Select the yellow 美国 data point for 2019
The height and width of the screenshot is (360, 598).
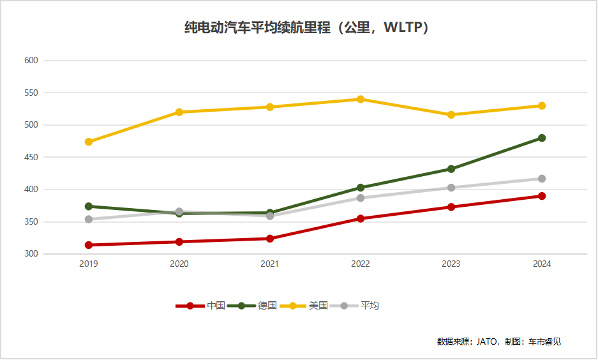click(x=89, y=142)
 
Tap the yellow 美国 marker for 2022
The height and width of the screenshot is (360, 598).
click(x=361, y=99)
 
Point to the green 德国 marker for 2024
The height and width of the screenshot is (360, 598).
click(x=542, y=138)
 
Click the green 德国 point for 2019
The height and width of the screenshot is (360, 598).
click(x=89, y=206)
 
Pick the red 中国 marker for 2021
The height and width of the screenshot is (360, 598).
click(x=270, y=239)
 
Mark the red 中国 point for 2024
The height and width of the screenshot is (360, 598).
click(x=542, y=196)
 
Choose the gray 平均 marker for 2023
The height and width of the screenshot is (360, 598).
click(x=451, y=188)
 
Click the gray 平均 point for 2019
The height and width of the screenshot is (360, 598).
click(x=89, y=220)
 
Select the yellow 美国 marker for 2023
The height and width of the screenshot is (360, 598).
click(x=451, y=115)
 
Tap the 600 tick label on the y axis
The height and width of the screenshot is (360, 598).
click(x=31, y=61)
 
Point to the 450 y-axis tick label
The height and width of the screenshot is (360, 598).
click(x=31, y=157)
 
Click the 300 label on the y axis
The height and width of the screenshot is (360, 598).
click(x=31, y=254)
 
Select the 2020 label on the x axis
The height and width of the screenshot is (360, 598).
click(x=179, y=264)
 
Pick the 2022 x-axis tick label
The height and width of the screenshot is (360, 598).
click(x=361, y=264)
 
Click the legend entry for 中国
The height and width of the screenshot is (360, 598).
click(x=216, y=306)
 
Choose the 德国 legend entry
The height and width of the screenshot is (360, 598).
click(x=267, y=306)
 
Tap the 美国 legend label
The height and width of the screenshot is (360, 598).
click(x=318, y=306)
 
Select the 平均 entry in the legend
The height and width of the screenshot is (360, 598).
click(x=370, y=306)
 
